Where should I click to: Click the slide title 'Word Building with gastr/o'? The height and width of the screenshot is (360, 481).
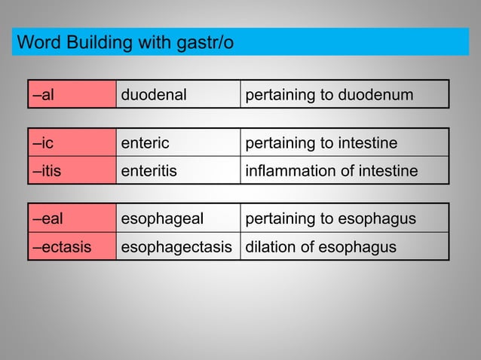125,42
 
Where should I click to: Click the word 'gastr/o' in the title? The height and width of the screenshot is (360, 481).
205,43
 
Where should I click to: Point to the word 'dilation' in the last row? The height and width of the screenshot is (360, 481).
269,246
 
